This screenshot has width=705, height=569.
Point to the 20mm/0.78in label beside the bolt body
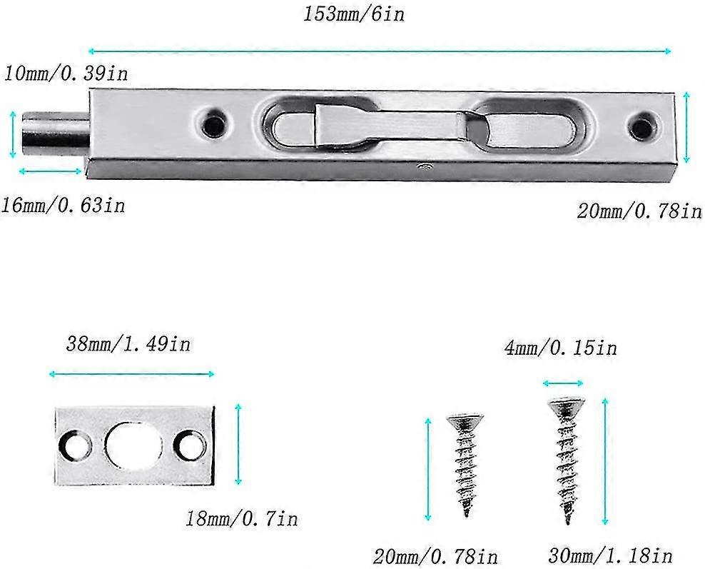click(639, 211)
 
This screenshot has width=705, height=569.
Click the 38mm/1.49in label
click(131, 344)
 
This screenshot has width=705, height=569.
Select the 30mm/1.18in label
click(610, 555)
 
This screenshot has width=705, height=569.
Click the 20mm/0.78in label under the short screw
click(435, 555)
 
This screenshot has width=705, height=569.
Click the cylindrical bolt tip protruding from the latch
click(54, 135)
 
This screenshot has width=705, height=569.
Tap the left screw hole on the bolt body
click(213, 125)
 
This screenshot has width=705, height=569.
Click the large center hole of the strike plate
click(133, 445)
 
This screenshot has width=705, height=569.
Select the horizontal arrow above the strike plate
click(132, 373)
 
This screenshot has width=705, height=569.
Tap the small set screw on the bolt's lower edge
click(424, 168)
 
